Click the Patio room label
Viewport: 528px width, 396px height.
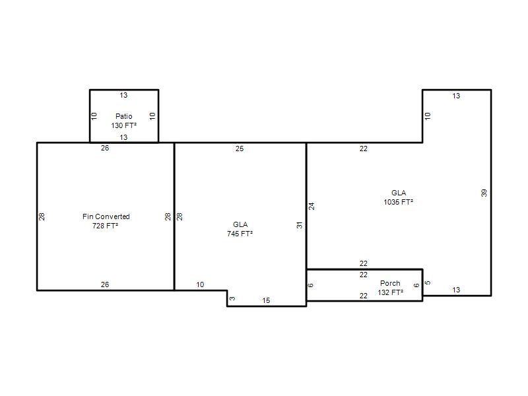point(123,116)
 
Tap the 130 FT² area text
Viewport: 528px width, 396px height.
point(123,125)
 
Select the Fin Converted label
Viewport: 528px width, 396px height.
point(106,216)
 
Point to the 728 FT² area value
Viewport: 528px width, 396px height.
point(105,226)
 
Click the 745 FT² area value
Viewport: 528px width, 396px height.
point(240,234)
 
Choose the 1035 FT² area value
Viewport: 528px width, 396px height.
point(399,202)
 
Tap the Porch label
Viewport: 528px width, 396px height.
point(390,283)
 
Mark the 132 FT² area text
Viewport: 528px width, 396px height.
point(390,292)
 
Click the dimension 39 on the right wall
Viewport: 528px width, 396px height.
point(484,193)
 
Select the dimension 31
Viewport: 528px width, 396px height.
point(300,225)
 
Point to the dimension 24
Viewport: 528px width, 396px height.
point(312,206)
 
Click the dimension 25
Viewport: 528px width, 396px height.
point(240,148)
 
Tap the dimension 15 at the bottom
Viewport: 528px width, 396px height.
point(266,300)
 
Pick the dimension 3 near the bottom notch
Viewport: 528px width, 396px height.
point(232,298)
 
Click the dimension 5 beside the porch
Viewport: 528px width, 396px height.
point(428,282)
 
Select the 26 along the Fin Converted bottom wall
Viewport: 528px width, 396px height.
point(105,284)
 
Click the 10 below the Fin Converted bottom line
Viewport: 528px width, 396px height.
point(200,284)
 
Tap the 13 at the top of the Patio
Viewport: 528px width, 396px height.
point(123,95)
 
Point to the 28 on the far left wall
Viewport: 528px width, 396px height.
point(42,216)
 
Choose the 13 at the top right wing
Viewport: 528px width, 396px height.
point(456,96)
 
